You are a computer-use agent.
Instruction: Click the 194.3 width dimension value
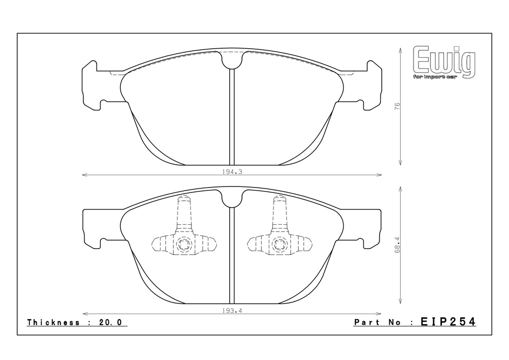(x=232, y=172)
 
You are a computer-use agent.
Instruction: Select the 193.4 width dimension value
(x=232, y=311)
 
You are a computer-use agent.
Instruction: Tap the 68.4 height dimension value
(x=397, y=245)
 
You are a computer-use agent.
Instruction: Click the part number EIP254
(x=448, y=322)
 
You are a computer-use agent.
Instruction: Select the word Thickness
(x=54, y=322)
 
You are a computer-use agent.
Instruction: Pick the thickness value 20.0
(x=110, y=322)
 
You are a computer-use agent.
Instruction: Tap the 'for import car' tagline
(x=435, y=77)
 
